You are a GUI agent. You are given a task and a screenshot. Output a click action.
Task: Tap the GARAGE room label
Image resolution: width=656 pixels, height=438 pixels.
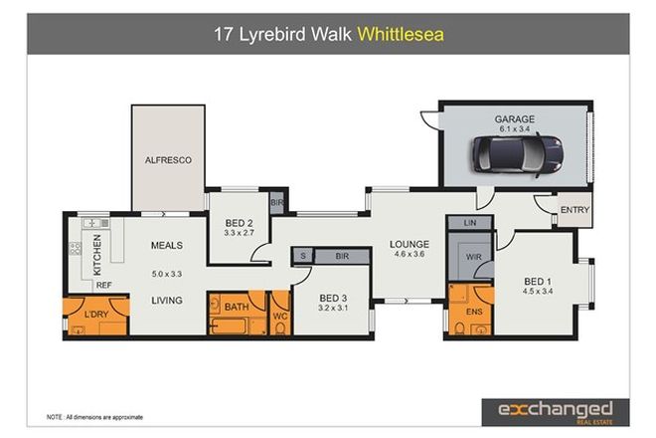pyautogui.click(x=514, y=119)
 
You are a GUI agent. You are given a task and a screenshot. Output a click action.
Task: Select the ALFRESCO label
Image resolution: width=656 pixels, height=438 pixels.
pyautogui.click(x=168, y=159)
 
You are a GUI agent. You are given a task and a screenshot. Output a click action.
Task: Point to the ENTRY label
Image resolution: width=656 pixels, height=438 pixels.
pyautogui.click(x=574, y=210)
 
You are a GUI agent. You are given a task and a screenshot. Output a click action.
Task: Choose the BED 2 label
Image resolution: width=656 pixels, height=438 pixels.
pyautogui.click(x=237, y=222)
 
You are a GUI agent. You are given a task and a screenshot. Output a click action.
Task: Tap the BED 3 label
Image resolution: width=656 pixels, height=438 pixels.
pyautogui.click(x=333, y=298)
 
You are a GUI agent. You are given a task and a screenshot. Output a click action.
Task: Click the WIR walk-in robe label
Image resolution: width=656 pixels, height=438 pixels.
pyautogui.click(x=473, y=258)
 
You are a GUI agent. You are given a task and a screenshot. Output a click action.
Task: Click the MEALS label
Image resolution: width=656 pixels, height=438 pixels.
pyautogui.click(x=166, y=244)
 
